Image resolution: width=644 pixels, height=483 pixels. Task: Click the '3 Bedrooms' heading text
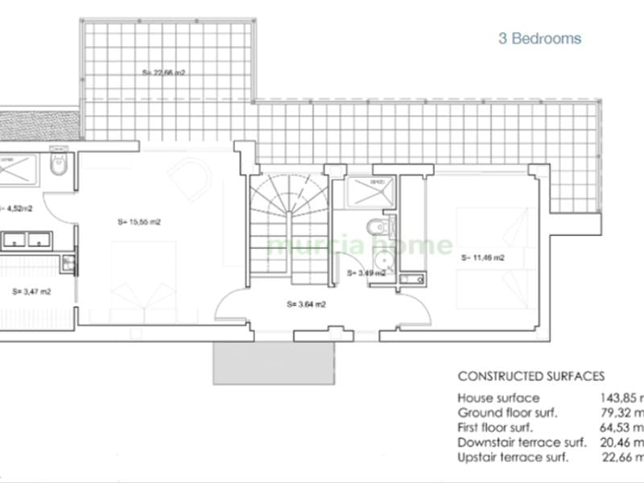pyautogui.click(x=539, y=39)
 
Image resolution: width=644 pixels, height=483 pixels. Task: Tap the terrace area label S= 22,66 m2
pyautogui.click(x=164, y=72)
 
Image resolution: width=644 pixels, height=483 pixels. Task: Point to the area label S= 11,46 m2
pyautogui.click(x=483, y=258)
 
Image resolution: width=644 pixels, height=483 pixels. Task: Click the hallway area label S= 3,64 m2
pyautogui.click(x=306, y=304)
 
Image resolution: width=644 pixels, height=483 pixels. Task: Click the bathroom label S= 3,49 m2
pyautogui.click(x=365, y=273)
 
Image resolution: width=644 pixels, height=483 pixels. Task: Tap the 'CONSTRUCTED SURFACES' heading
pyautogui.click(x=530, y=376)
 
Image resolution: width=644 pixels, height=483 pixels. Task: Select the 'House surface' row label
pyautogui.click(x=498, y=398)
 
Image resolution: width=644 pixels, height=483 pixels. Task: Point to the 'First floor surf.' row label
pyautogui.click(x=503, y=427)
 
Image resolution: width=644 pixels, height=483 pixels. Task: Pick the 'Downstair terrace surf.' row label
pyautogui.click(x=523, y=442)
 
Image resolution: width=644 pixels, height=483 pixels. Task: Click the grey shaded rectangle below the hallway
pyautogui.click(x=273, y=362)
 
